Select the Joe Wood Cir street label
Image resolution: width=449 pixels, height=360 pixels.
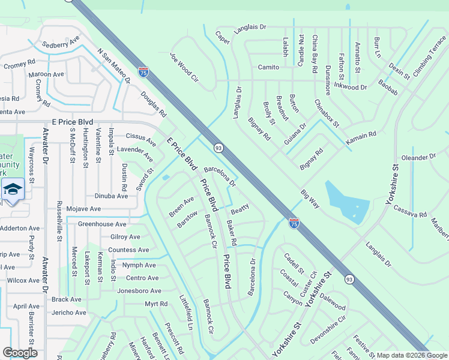pos(184,67)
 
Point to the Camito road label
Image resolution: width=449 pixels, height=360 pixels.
pos(269,67)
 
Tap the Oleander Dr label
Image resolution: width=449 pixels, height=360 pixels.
pos(419,157)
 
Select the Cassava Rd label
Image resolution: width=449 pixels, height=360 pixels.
pos(410,214)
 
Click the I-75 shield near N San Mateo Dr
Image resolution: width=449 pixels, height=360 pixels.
pos(143,72)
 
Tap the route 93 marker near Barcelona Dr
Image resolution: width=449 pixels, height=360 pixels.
pos(218,148)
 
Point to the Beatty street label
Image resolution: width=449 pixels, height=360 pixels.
pos(240,211)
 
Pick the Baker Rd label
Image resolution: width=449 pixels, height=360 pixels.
pos(232,233)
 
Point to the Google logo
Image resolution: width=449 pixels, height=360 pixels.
pos(20,353)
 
